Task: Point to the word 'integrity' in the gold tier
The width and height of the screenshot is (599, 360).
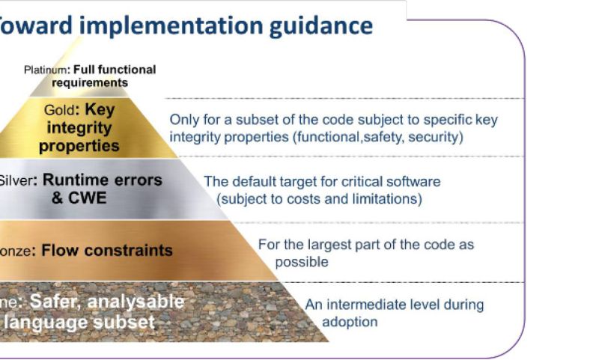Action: (84, 129)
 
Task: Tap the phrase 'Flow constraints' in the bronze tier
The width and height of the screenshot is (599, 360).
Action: (107, 250)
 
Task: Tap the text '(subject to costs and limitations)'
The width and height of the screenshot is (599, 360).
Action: (319, 199)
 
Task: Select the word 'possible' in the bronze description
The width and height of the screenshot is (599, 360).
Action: (301, 263)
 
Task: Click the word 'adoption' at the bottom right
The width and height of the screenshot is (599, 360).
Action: (350, 322)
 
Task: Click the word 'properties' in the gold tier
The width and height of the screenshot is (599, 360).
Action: (79, 146)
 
